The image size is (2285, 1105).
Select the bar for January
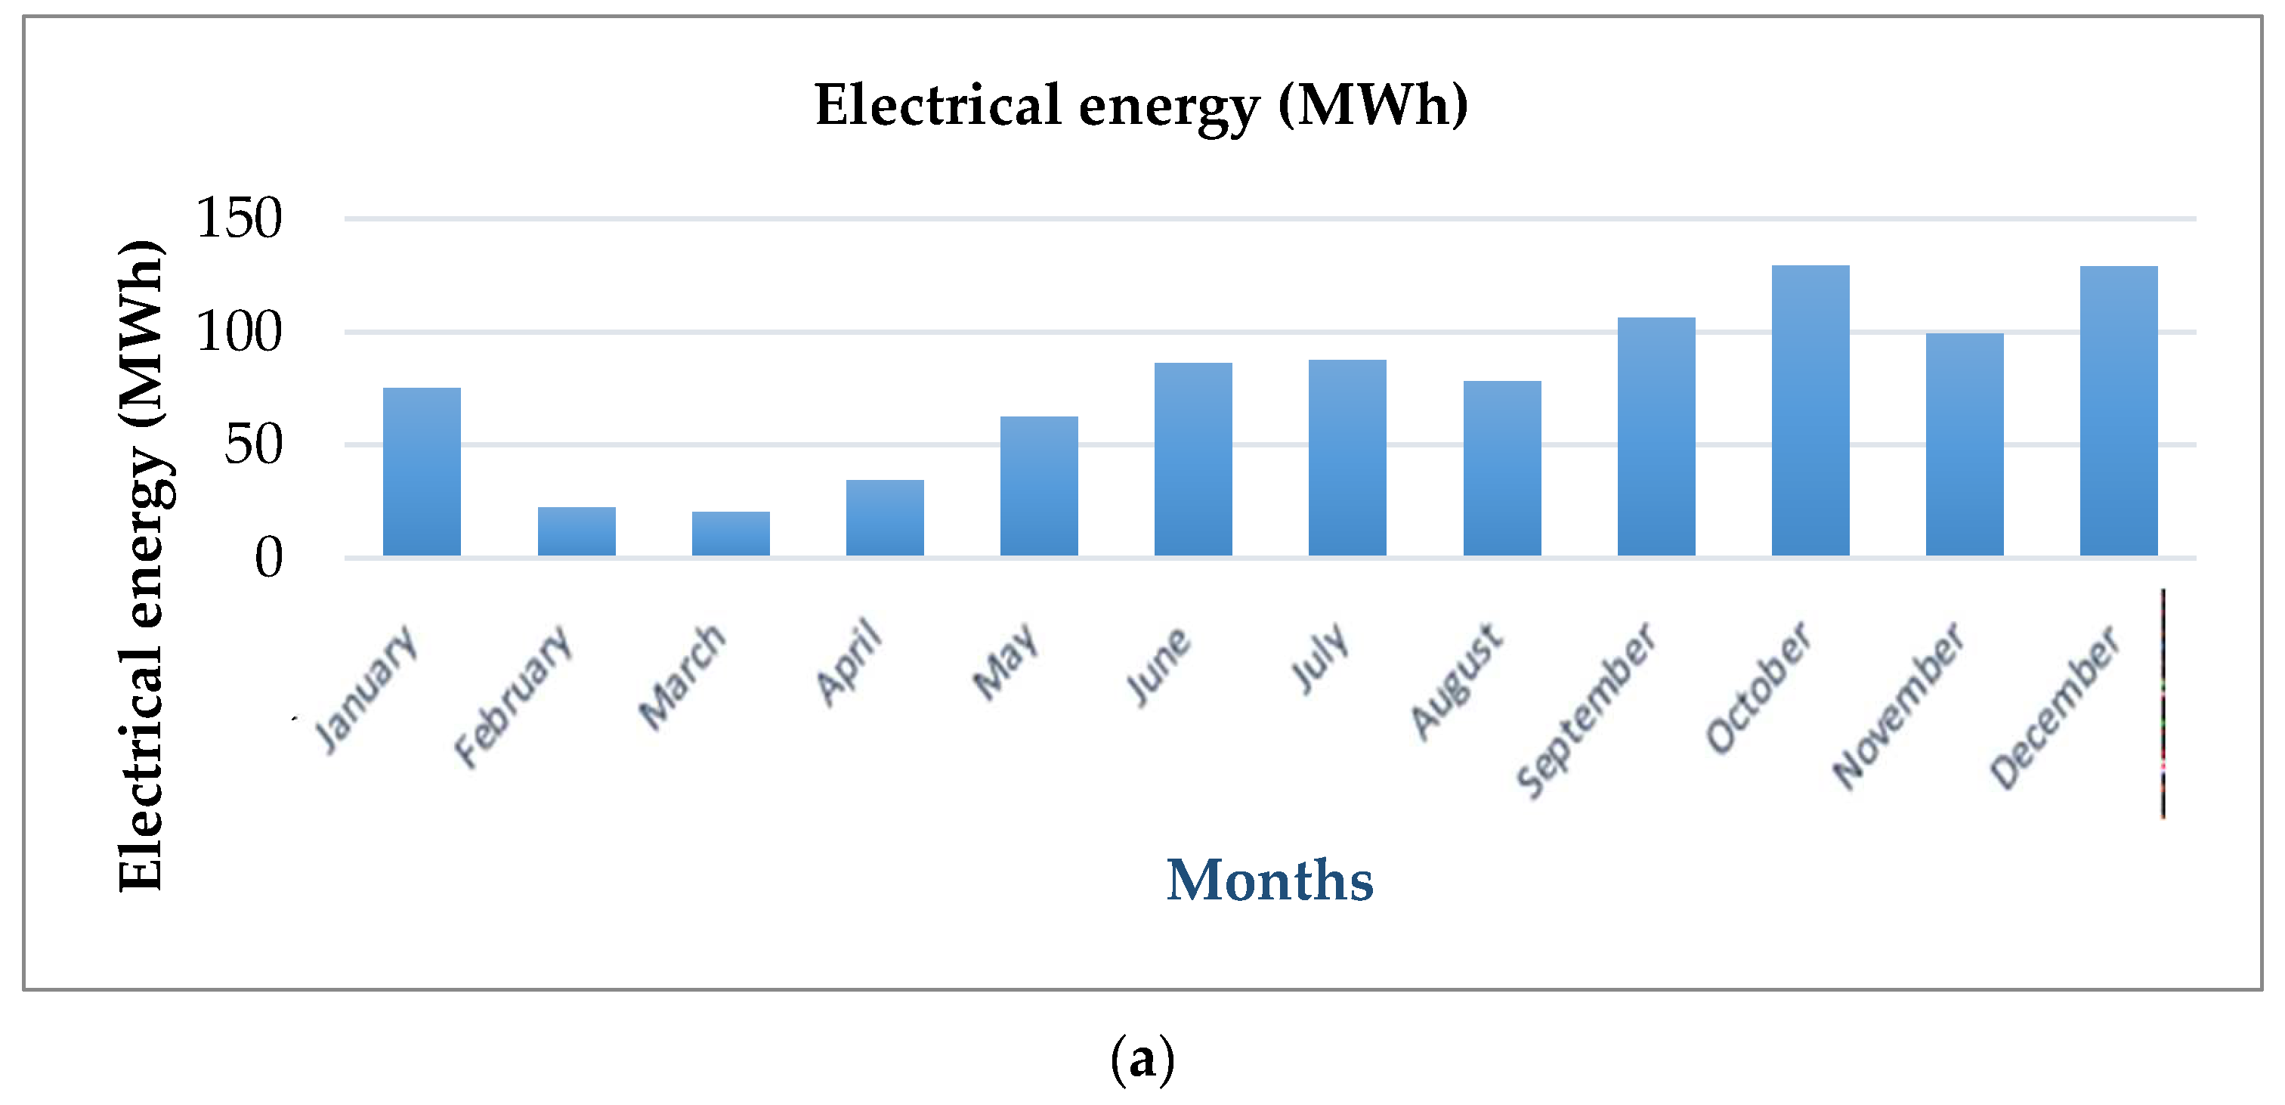[x=422, y=472]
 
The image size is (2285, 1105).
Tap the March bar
[x=731, y=534]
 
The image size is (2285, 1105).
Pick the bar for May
[x=1039, y=487]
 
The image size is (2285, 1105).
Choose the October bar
[x=1810, y=411]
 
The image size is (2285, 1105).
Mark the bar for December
[x=2118, y=411]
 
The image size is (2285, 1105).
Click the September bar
[x=1656, y=437]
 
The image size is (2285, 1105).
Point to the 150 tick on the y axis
[x=239, y=218]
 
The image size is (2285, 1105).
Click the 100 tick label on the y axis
[x=239, y=333]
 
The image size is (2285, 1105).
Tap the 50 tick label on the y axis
[x=253, y=444]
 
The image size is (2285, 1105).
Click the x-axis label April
[x=849, y=661]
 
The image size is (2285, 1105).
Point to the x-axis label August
[x=1458, y=682]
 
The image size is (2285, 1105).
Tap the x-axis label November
[x=1899, y=706]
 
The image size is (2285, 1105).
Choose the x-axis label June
[x=1158, y=666]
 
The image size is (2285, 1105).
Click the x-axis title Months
[x=1269, y=881]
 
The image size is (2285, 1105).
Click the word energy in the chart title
[x=1169, y=106]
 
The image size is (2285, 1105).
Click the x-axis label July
[x=1320, y=658]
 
